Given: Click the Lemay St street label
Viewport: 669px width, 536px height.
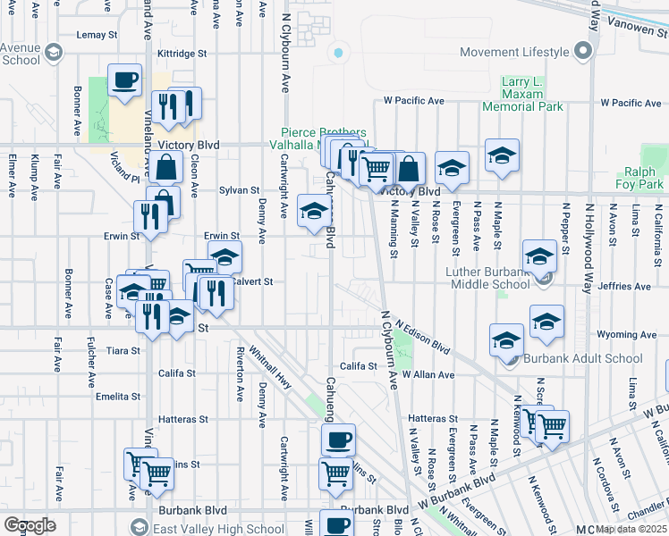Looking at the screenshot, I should click(x=97, y=35).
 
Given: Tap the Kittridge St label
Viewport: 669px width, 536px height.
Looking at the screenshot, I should click(x=182, y=54).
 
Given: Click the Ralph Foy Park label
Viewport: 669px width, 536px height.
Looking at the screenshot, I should click(x=639, y=179).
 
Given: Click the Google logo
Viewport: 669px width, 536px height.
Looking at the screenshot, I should click(x=30, y=524).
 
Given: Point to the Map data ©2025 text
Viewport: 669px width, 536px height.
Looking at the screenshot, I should click(x=631, y=529).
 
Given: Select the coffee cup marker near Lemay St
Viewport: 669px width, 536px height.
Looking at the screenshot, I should click(x=124, y=80).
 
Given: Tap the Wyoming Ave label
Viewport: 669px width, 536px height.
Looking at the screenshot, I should click(x=626, y=335).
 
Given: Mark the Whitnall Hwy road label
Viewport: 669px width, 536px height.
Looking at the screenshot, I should click(x=273, y=366).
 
